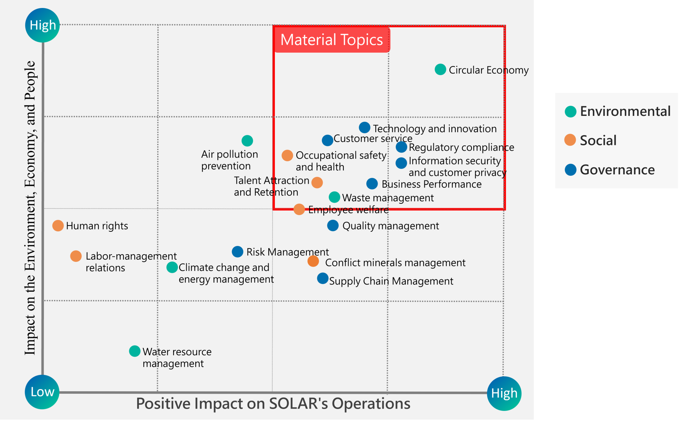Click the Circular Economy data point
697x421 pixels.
pyautogui.click(x=440, y=69)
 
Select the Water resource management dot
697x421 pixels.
pyautogui.click(x=135, y=351)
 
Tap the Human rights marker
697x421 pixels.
pyautogui.click(x=58, y=226)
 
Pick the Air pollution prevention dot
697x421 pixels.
pyautogui.click(x=247, y=141)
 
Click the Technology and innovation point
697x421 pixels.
pyautogui.click(x=364, y=127)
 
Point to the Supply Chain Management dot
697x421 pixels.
pyautogui.click(x=323, y=279)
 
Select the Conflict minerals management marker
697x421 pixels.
pyautogui.click(x=313, y=261)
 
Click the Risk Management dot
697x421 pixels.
pyautogui.click(x=237, y=252)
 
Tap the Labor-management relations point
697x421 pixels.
pyautogui.click(x=76, y=256)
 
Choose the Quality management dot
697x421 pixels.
pyautogui.click(x=333, y=226)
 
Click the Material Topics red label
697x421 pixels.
pyautogui.click(x=331, y=40)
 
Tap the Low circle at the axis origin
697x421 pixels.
pyautogui.click(x=42, y=392)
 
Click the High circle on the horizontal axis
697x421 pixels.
pyautogui.click(x=504, y=393)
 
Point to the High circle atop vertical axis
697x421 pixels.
pyautogui.click(x=42, y=25)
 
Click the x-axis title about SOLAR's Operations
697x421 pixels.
pyautogui.click(x=273, y=404)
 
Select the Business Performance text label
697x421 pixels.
pyautogui.click(x=431, y=184)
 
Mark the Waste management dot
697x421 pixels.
pyautogui.click(x=334, y=197)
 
